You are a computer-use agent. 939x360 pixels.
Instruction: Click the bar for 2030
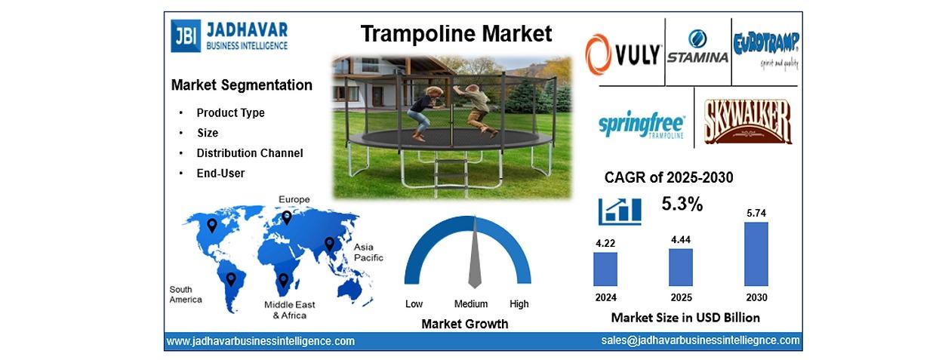pyautogui.click(x=756, y=254)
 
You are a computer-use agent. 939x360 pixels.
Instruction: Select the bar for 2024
pyautogui.click(x=605, y=269)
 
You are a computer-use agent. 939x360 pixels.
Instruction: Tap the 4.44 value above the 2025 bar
pyautogui.click(x=681, y=240)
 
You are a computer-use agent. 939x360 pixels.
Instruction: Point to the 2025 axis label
pyautogui.click(x=681, y=297)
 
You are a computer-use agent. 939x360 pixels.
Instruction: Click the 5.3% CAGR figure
pyautogui.click(x=682, y=204)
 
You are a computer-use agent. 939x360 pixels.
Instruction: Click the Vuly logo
pyautogui.click(x=623, y=54)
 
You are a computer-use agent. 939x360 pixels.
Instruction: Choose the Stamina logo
pyautogui.click(x=697, y=47)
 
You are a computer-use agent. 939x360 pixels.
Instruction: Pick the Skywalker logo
pyautogui.click(x=747, y=122)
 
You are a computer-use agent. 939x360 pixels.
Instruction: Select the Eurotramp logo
pyautogui.click(x=766, y=50)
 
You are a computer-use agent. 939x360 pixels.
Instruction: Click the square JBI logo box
pyautogui.click(x=186, y=36)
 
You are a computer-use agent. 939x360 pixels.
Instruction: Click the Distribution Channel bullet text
pyautogui.click(x=250, y=153)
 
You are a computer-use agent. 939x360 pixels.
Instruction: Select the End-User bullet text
pyautogui.click(x=220, y=173)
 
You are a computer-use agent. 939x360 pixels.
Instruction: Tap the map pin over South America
pyautogui.click(x=231, y=279)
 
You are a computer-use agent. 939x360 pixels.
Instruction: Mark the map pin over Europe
pyautogui.click(x=287, y=217)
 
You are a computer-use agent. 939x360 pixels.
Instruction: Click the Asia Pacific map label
pyautogui.click(x=368, y=252)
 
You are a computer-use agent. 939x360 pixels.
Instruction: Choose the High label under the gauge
pyautogui.click(x=519, y=304)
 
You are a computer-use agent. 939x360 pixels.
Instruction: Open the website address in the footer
pyautogui.click(x=260, y=341)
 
